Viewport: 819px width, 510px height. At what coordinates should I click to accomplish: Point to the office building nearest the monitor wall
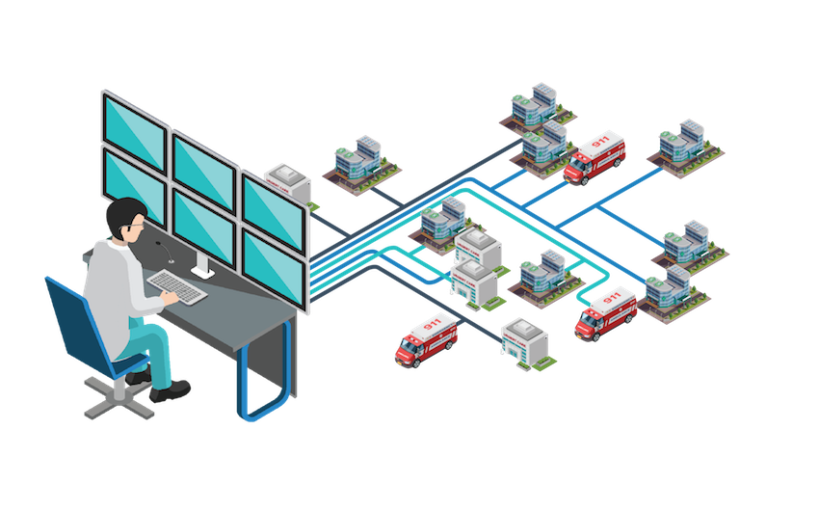(x=358, y=164)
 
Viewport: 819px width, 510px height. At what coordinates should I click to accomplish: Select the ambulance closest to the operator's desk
(x=426, y=337)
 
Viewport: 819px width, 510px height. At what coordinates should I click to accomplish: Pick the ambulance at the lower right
(x=606, y=310)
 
